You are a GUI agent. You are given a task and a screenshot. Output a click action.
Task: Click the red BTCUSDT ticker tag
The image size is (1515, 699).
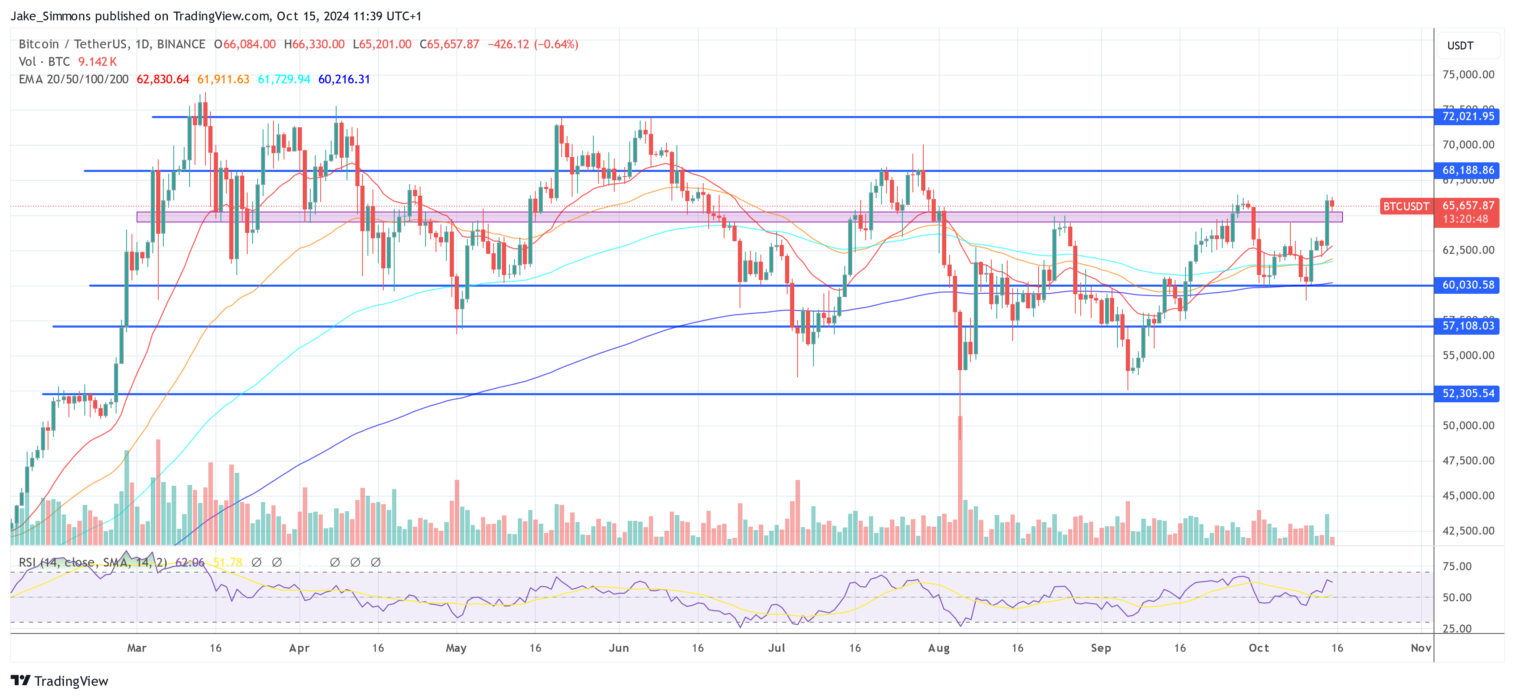pos(1405,206)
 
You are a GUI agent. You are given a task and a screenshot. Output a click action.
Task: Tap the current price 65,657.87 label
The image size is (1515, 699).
pos(1468,206)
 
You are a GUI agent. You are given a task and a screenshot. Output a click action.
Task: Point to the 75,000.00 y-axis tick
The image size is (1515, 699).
pos(1468,75)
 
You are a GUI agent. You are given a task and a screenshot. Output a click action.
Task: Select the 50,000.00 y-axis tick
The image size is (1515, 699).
pos(1468,426)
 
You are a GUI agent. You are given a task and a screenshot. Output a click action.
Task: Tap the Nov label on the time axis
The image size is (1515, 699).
pos(1420,648)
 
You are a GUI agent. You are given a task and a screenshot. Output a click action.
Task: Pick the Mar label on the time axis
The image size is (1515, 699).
pos(137,648)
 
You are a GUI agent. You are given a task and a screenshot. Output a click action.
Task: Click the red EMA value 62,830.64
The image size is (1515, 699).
pos(163,79)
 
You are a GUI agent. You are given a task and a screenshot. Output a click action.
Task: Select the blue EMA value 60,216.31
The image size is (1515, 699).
pos(344,79)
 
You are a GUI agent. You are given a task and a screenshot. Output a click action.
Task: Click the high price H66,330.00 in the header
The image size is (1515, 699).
pos(314,44)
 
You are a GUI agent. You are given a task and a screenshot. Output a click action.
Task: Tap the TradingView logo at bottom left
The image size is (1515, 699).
pos(59,681)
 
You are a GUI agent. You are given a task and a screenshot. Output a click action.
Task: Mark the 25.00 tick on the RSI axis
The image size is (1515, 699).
pos(1457,628)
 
